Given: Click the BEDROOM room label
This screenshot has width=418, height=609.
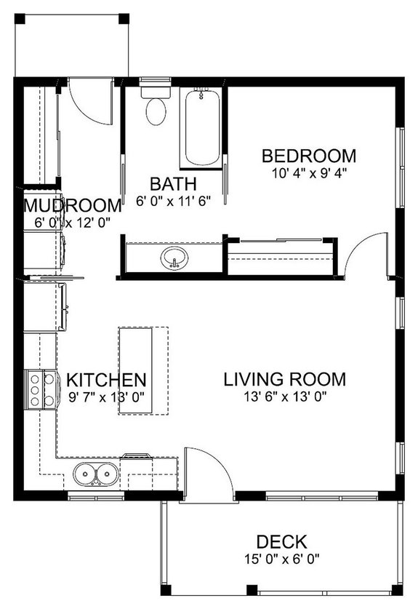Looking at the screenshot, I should click(309, 156).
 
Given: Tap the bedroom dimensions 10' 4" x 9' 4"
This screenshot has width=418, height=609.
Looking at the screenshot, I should click(309, 173).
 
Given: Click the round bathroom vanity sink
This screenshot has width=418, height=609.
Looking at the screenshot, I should click(174, 258).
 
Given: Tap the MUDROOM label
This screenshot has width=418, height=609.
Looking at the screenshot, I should click(72, 206).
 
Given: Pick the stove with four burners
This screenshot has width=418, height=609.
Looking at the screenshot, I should click(41, 389).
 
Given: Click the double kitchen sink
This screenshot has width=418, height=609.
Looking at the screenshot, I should click(95, 475).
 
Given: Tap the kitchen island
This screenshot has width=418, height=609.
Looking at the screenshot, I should click(143, 370).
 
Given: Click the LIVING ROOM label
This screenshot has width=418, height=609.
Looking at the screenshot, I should click(284, 379).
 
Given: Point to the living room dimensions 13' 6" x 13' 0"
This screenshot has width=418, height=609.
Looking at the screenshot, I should click(284, 397).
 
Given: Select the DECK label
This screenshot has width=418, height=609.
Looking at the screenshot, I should click(281, 542).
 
